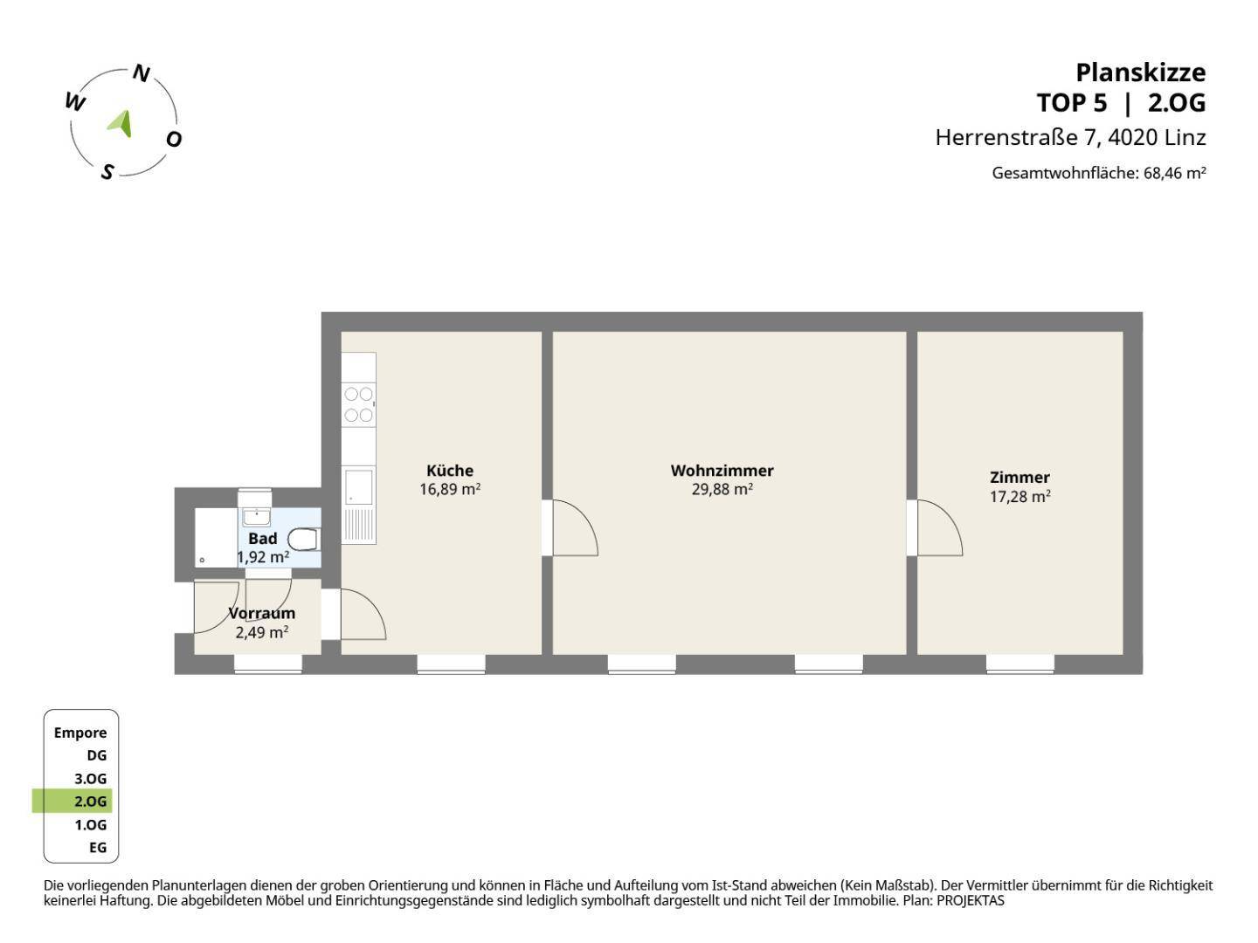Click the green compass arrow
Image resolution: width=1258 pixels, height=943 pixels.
click(x=121, y=123)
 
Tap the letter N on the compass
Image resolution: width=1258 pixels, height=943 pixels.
click(x=141, y=73)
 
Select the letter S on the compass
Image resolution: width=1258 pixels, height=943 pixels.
click(x=107, y=171)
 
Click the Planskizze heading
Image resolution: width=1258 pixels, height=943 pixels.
click(x=1140, y=72)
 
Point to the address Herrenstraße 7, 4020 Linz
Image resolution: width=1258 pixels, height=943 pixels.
click(x=1070, y=137)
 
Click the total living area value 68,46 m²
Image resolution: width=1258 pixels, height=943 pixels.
click(x=1174, y=173)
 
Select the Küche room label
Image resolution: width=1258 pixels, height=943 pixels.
click(x=450, y=471)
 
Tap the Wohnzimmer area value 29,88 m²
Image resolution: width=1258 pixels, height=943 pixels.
click(x=722, y=490)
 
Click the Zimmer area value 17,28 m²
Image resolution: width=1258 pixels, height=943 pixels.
click(x=1020, y=497)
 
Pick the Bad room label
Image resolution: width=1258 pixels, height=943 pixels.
click(x=262, y=539)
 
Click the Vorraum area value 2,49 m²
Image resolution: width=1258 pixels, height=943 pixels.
click(x=261, y=632)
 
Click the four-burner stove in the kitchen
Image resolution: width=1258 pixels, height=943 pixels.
click(x=358, y=404)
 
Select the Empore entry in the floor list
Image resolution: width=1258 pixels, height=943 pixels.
click(x=80, y=733)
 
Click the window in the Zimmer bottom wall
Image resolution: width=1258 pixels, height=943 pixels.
click(x=1020, y=664)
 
